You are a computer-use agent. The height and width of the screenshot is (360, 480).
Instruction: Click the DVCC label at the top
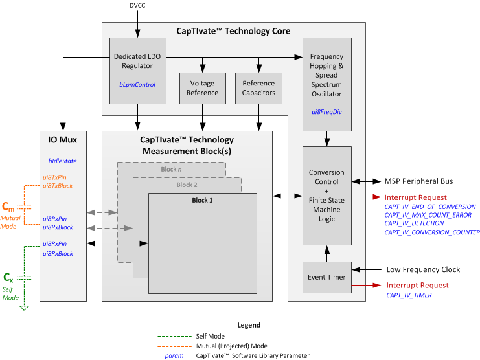point(137,6)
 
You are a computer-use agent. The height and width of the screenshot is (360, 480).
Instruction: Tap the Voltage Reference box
point(202,88)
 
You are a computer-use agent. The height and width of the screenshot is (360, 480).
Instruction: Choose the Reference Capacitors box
point(258,88)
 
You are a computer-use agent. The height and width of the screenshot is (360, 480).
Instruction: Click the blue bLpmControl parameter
point(137,84)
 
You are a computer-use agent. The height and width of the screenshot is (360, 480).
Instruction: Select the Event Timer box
point(327,277)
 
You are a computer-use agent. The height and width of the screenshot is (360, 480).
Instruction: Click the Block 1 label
point(201,200)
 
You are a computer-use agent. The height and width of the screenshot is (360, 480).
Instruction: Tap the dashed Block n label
point(171,170)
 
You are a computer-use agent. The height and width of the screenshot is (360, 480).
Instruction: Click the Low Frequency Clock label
point(424,269)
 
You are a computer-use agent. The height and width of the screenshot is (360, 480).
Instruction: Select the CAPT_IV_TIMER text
point(409,295)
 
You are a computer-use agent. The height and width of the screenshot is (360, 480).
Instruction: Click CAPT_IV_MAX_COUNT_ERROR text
point(429,215)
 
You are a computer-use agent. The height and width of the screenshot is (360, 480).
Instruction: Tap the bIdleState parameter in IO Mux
point(62,159)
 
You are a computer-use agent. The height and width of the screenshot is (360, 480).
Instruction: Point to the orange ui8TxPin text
point(57,177)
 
